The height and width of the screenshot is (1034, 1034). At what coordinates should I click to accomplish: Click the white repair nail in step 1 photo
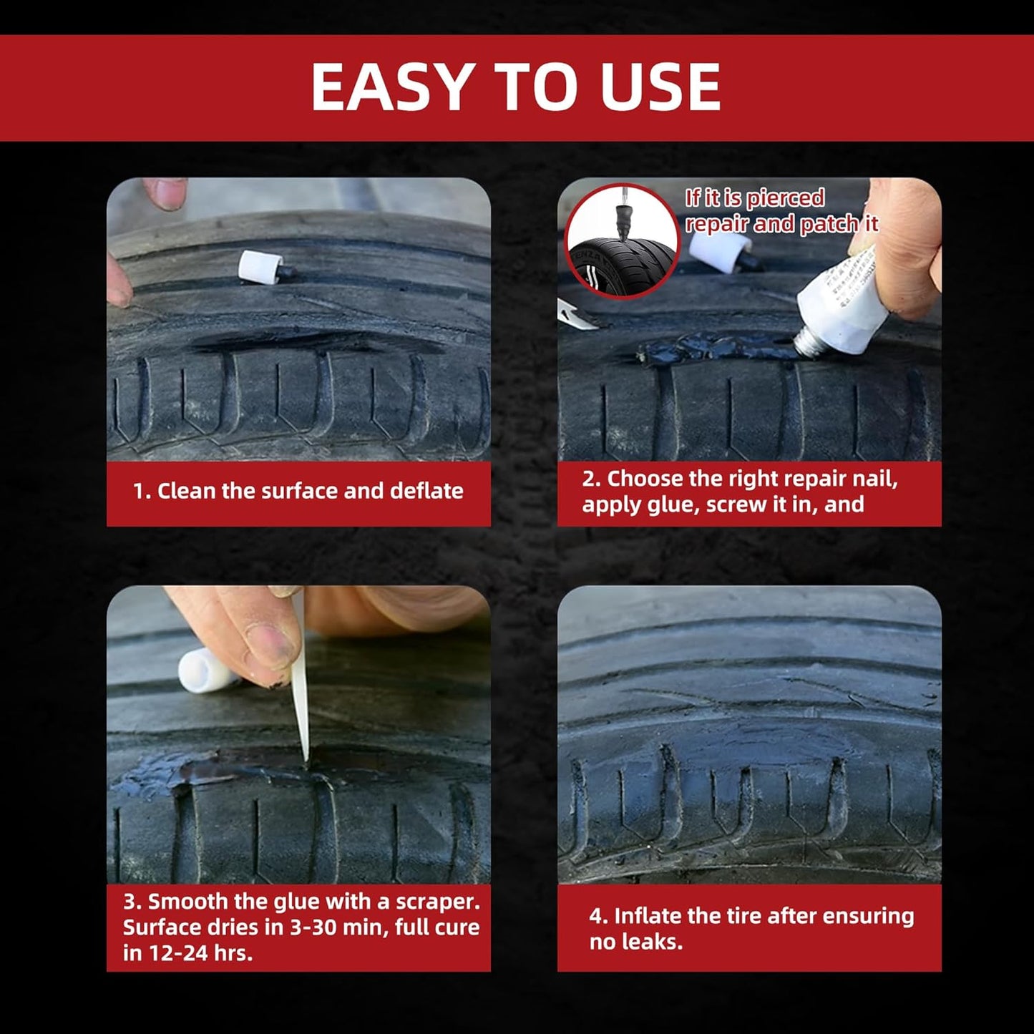pos(260,268)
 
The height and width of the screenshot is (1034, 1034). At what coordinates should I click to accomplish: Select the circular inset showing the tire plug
pos(622,241)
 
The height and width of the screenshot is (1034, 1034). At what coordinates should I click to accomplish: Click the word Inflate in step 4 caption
pos(648,916)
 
